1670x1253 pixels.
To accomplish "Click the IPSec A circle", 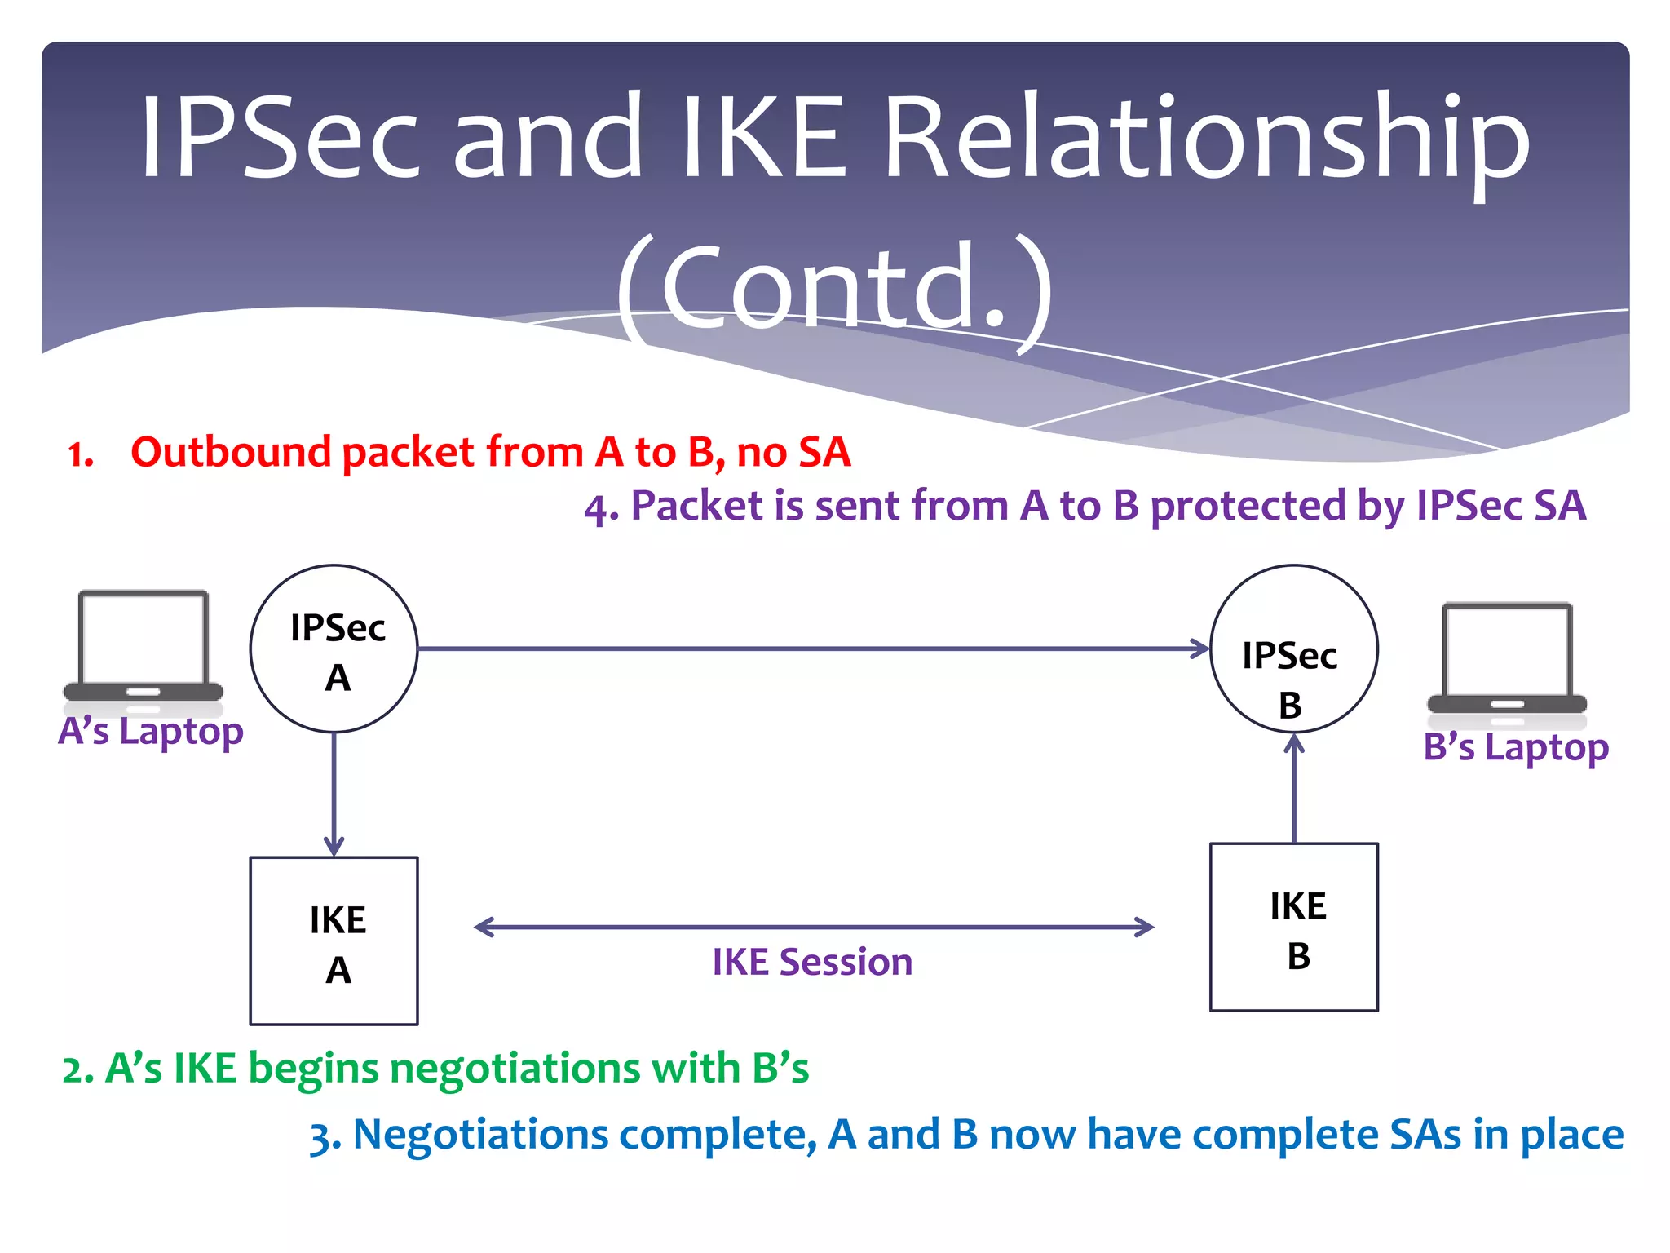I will (334, 649).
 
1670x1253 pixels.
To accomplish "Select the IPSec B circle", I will (1294, 649).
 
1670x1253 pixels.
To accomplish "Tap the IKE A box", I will (334, 941).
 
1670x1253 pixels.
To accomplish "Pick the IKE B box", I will (1294, 927).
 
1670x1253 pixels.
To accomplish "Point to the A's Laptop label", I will (151, 732).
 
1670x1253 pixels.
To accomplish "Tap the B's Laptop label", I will (1516, 747).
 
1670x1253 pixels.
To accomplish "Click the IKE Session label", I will (812, 963).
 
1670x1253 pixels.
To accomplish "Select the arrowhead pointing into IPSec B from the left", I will (1201, 649).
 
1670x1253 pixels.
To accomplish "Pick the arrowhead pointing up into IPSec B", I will (1294, 744).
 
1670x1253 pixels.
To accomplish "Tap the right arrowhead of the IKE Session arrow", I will (1145, 928).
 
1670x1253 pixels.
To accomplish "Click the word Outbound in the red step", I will (230, 453).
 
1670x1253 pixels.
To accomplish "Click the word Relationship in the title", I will (1207, 139).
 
